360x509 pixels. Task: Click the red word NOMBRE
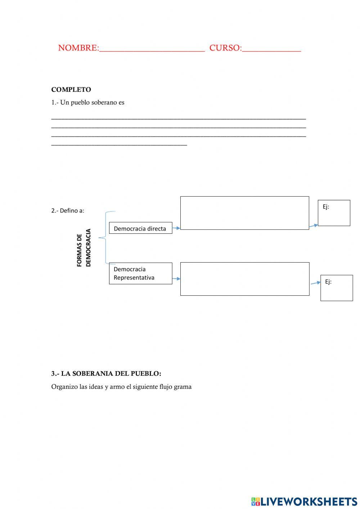[78, 48]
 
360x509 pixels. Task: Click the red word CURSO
[225, 48]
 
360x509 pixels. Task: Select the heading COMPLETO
[71, 90]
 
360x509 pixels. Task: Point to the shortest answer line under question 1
[119, 145]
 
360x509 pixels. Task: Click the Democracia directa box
[140, 228]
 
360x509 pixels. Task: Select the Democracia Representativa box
[140, 273]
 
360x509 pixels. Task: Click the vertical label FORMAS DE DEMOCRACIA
[84, 248]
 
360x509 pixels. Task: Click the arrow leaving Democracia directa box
[176, 228]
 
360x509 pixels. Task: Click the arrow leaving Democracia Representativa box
[176, 278]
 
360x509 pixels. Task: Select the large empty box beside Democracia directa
[244, 213]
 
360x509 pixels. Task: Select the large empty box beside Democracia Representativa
[244, 279]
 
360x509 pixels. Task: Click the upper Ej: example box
[334, 213]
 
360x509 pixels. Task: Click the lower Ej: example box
[336, 288]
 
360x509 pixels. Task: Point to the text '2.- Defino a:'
[68, 211]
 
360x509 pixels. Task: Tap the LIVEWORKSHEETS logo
[304, 501]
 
